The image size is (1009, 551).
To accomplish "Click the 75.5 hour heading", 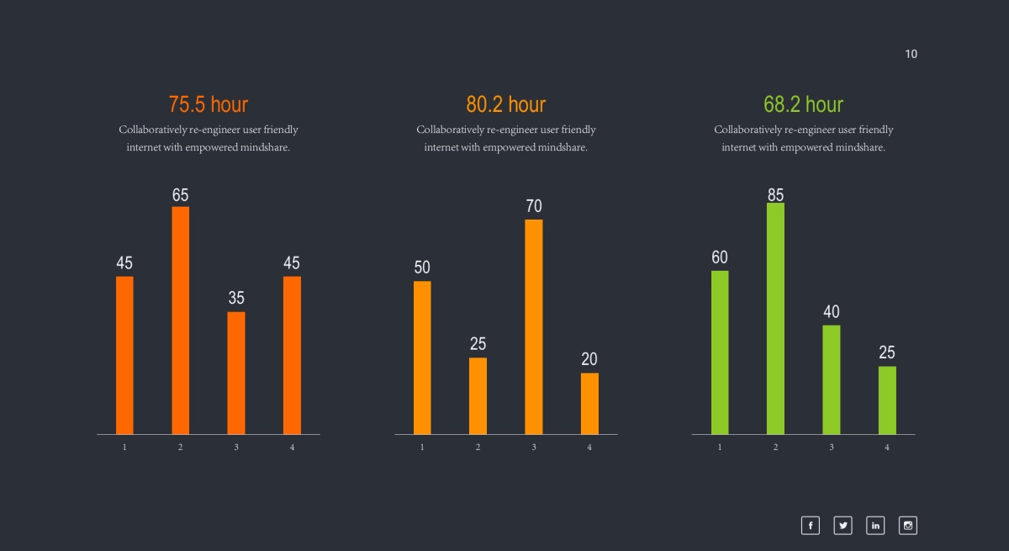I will coord(209,104).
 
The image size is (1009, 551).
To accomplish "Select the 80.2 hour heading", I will coord(506,104).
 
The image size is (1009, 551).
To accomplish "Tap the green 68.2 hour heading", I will coord(803,104).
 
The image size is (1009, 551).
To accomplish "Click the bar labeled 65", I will coord(180,320).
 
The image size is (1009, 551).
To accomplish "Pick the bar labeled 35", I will coord(236,373).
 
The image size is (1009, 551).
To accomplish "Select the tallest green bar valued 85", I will coord(775,318).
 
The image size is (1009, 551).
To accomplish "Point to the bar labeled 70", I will coord(534,326).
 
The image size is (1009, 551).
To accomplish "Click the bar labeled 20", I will coord(589,403).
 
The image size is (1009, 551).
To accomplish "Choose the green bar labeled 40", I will coord(831,379).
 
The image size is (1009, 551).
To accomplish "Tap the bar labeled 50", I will coord(422,358).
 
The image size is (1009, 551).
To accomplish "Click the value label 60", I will coord(720,257).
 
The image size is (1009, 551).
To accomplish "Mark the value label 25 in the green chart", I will coord(887,352).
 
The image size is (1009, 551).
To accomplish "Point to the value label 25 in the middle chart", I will coord(478,343).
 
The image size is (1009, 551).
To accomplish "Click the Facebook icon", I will coord(810,526).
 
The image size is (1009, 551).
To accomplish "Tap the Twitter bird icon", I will coord(843,526).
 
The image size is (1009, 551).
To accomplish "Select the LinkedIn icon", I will coord(875,526).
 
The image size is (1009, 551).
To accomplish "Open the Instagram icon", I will coord(908,526).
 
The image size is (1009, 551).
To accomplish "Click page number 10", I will coord(911,54).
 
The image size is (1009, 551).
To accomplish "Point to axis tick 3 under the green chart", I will coord(831,448).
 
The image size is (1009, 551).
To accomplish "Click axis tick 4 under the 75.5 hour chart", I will coord(292,448).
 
